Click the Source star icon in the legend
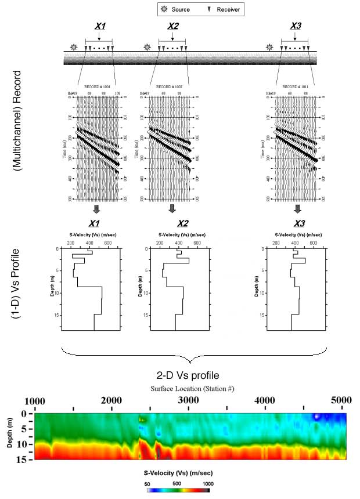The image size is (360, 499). [164, 9]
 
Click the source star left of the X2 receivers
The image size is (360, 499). [147, 47]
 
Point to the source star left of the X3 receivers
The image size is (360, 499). [269, 47]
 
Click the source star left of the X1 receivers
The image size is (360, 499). [73, 47]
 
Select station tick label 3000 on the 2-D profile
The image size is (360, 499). [188, 400]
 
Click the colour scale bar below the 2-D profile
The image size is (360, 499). [178, 490]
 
